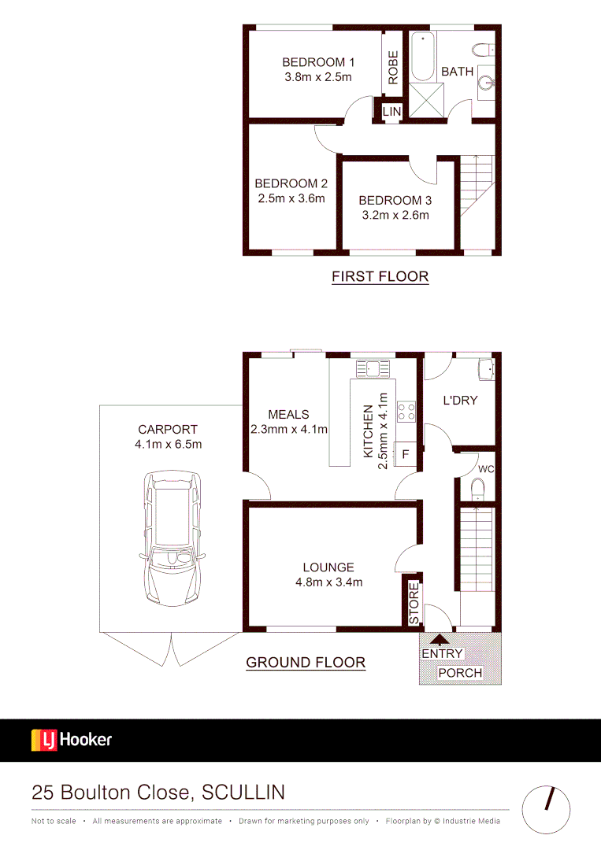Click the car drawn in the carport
[173, 540]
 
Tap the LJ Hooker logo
[72, 740]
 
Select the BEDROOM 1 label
[318, 62]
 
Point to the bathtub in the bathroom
[422, 57]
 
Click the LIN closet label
[391, 112]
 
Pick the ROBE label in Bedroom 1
[392, 68]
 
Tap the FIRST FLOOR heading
[380, 276]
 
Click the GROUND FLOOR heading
[306, 662]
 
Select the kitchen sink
[373, 367]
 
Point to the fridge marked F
[406, 454]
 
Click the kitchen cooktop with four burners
[406, 410]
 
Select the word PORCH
[460, 673]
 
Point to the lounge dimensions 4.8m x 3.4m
[328, 582]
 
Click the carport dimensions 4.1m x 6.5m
[168, 445]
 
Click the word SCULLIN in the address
[243, 792]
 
